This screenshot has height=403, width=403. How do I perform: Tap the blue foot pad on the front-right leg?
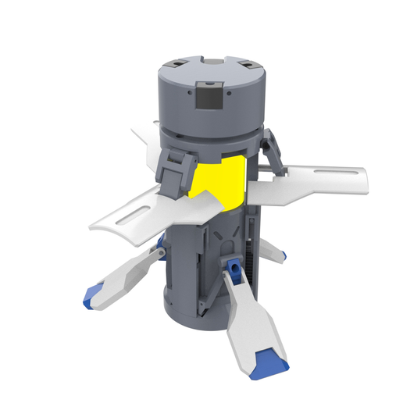(272, 360)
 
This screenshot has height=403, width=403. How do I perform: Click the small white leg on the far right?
(273, 251)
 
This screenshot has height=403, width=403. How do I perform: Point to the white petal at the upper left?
(144, 136)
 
